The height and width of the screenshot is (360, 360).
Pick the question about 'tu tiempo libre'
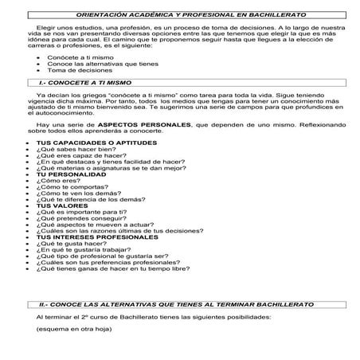(112, 269)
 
